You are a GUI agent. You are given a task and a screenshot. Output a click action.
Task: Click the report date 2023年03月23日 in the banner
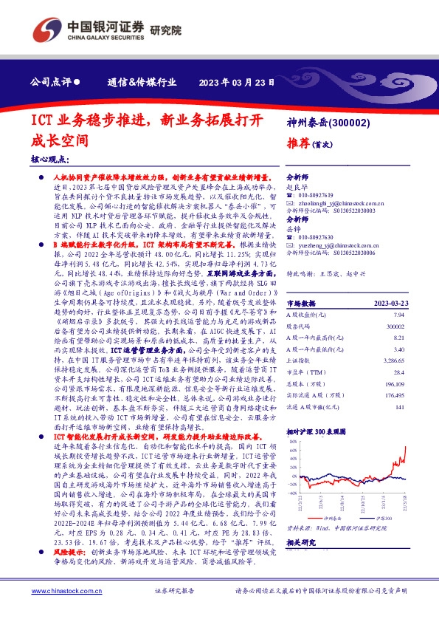pos(238,83)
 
